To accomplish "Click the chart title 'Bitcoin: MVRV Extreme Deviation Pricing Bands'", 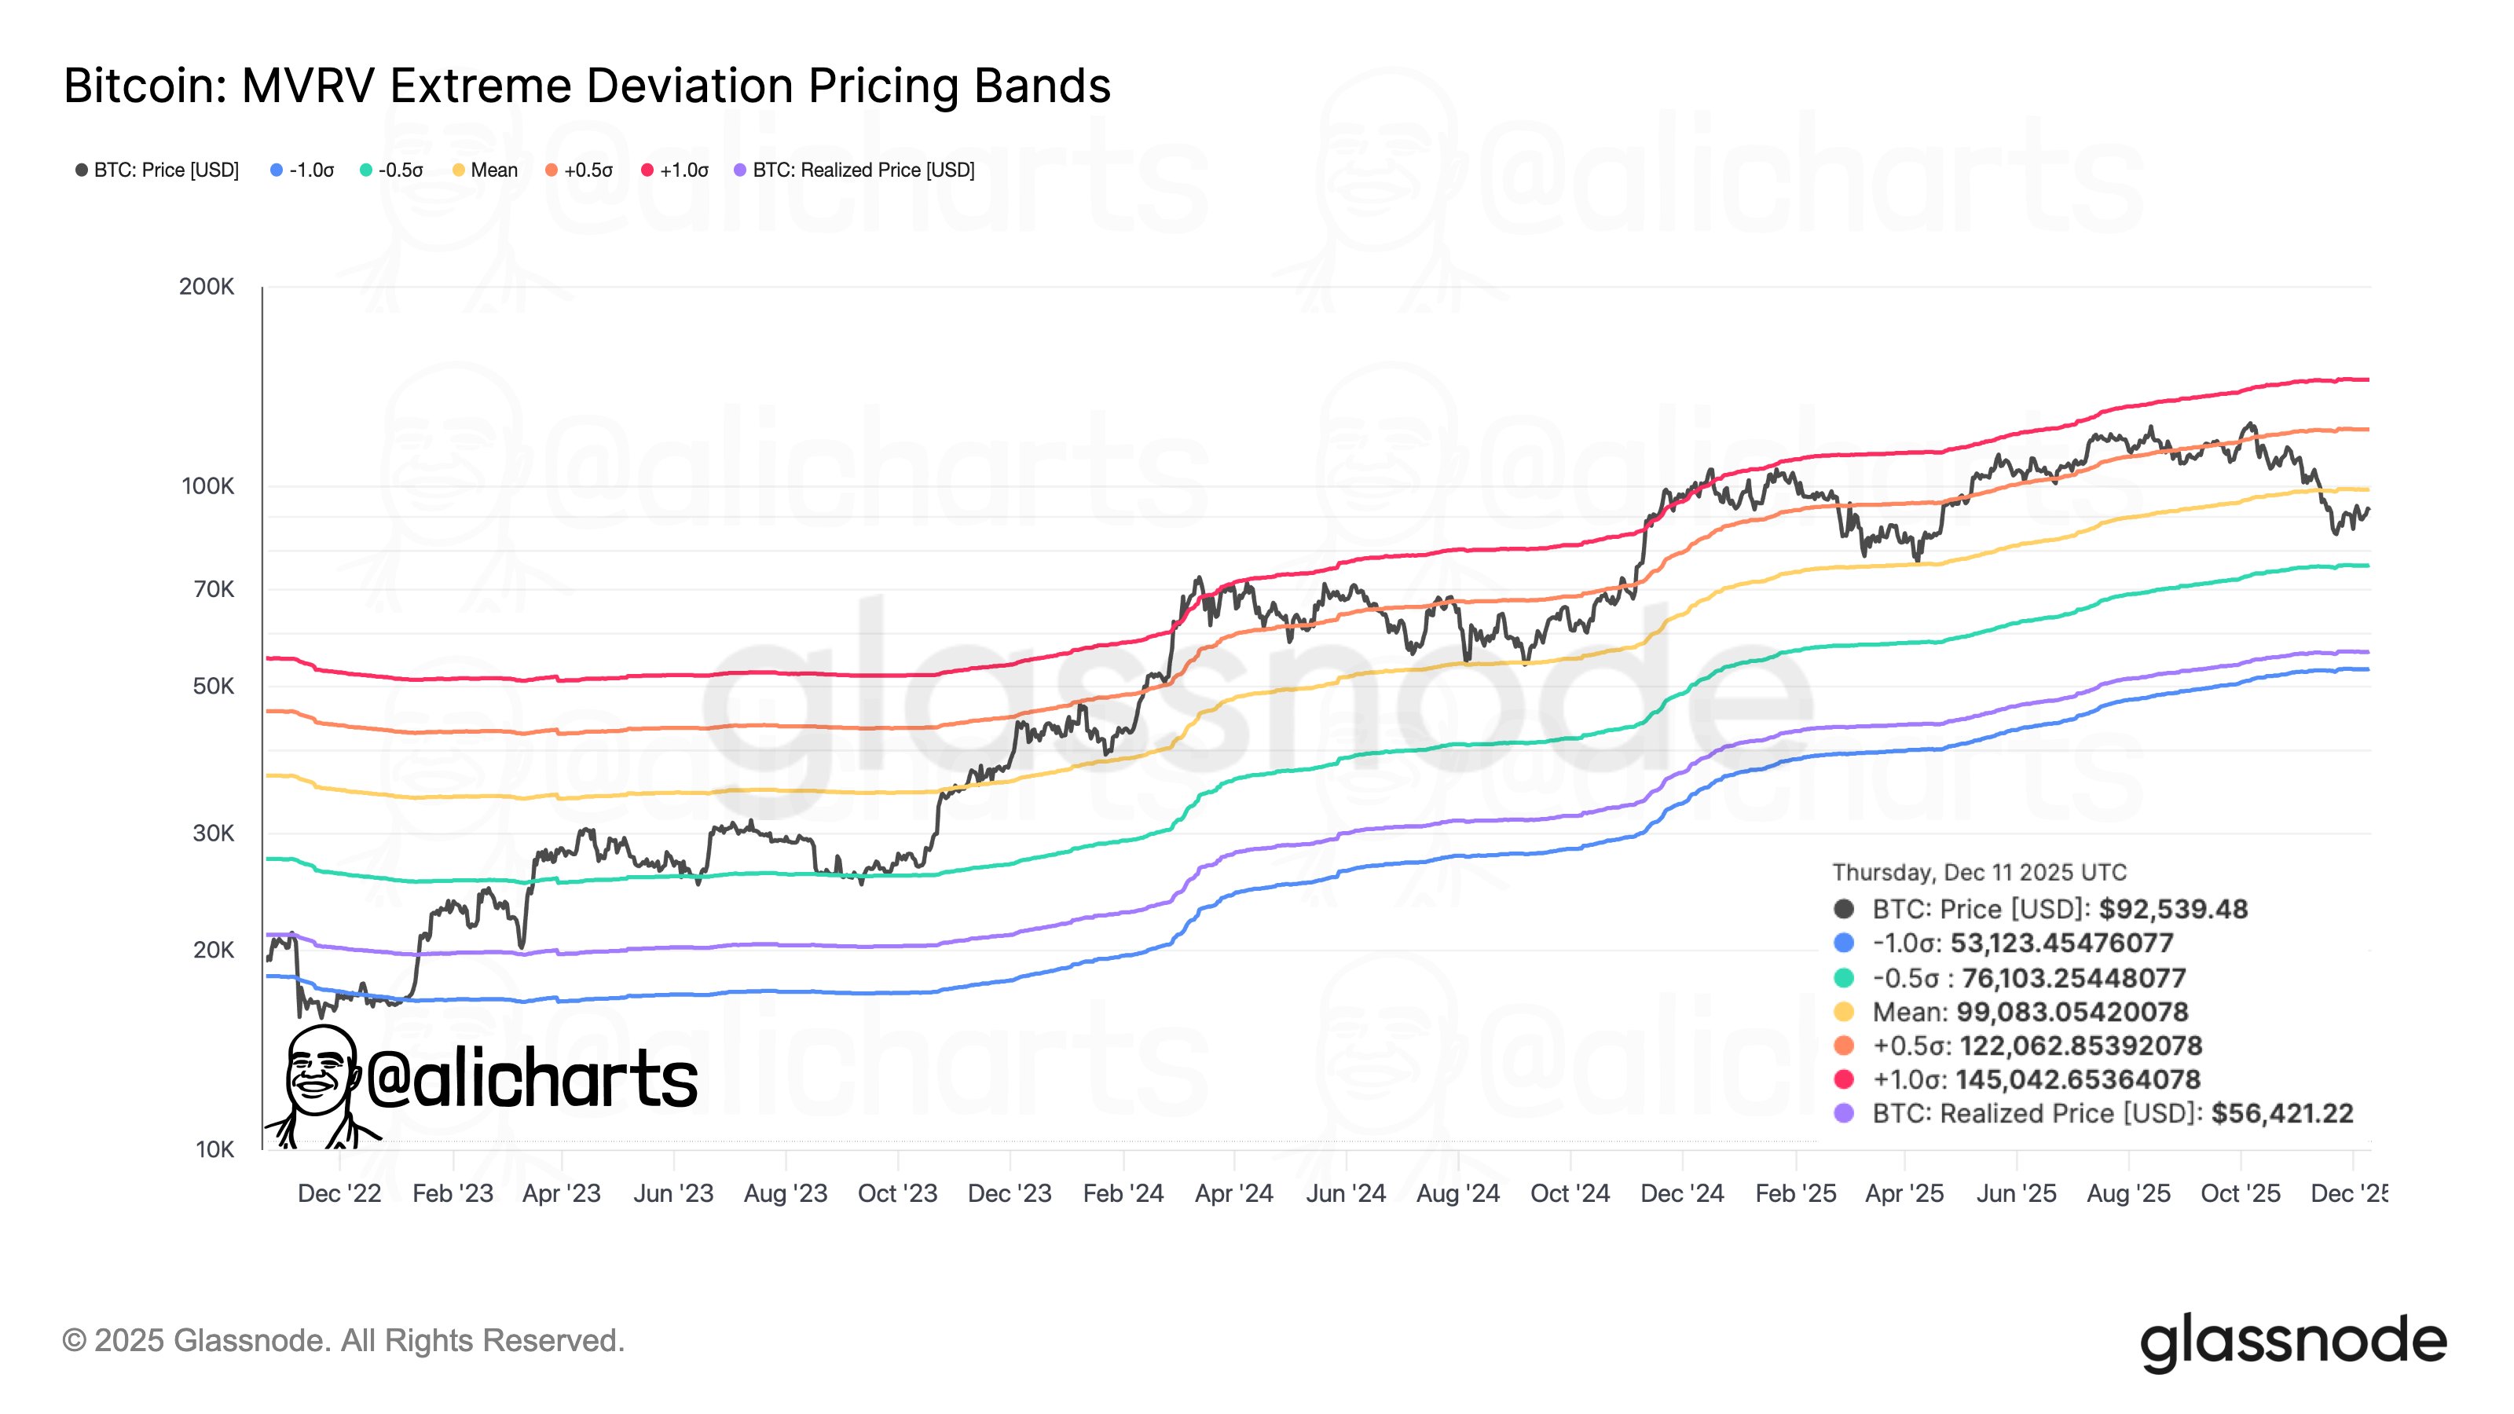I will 587,86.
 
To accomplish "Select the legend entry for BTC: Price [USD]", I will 158,170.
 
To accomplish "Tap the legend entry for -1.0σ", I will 302,170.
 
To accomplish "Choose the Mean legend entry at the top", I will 486,170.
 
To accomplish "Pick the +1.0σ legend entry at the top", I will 676,170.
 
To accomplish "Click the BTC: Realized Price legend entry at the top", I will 855,170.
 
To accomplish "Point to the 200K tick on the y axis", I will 207,287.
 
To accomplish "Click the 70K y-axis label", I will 214,589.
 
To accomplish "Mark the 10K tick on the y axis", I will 214,1149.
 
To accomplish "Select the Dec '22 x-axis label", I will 339,1193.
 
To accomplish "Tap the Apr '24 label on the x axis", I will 1233,1193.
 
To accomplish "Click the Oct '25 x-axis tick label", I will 2240,1193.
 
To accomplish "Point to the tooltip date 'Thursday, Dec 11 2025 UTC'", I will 1979,873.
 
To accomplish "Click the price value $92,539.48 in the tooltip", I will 2172,910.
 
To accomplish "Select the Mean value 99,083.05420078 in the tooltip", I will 2072,1012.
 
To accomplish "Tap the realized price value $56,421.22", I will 2281,1113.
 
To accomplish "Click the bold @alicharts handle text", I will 532,1079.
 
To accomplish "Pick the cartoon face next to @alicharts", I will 320,1073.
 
